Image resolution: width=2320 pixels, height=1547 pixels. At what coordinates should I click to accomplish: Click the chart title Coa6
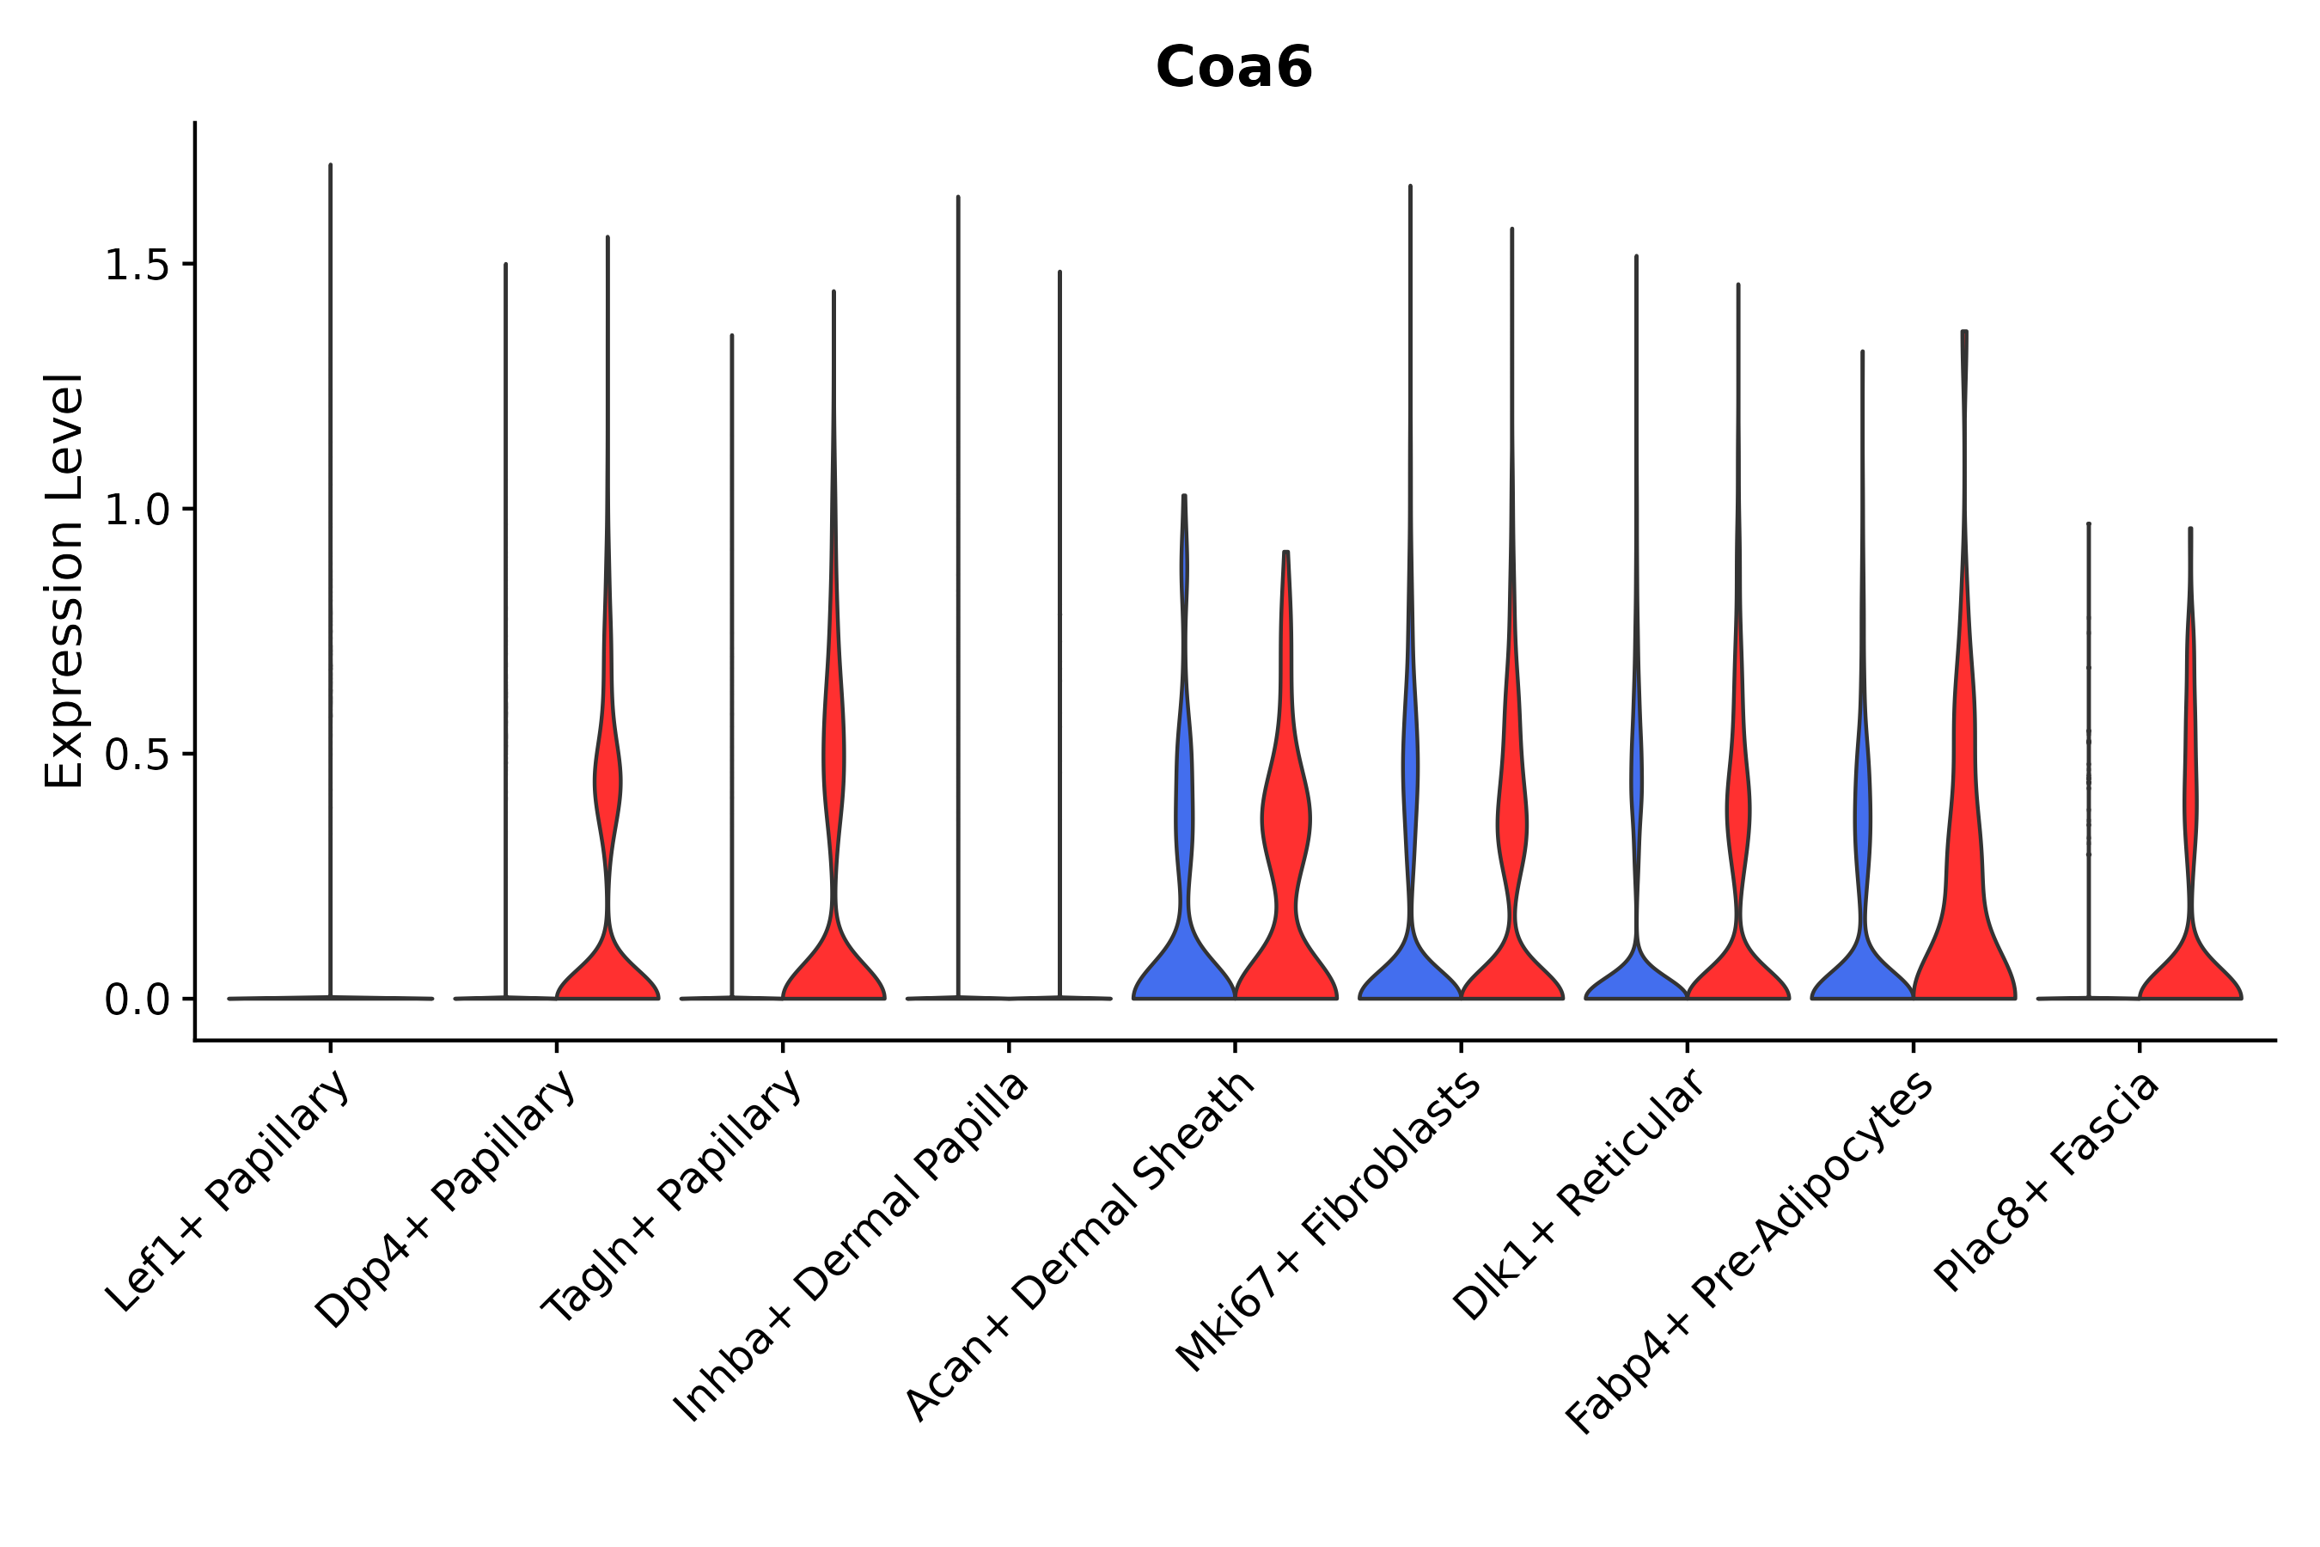tap(1233, 68)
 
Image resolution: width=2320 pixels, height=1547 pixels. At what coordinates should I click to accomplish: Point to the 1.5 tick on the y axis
tap(136, 265)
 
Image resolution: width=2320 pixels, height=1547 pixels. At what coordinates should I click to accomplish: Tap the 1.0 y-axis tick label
tap(136, 510)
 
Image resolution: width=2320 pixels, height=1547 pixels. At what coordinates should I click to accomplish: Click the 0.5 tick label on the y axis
tap(136, 755)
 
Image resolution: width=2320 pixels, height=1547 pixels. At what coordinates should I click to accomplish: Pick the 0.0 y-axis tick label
tap(136, 1000)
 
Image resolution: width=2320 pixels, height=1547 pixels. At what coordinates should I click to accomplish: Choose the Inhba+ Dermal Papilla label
tap(852, 1247)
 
